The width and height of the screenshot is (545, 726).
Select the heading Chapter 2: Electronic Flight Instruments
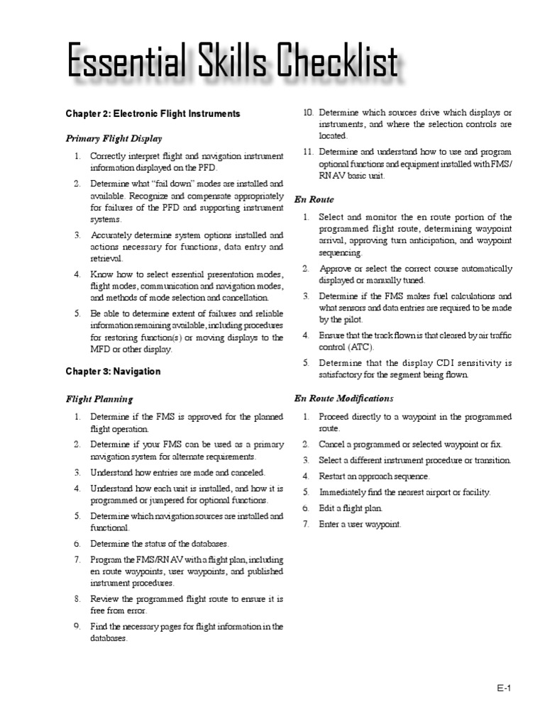point(153,113)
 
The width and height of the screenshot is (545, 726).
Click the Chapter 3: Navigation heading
point(114,372)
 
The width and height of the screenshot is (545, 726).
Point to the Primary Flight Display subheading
point(114,139)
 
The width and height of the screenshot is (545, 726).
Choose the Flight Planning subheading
point(99,399)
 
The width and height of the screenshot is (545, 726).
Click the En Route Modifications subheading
point(343,398)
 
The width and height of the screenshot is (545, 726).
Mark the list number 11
point(308,152)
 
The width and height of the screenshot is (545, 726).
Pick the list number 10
point(308,113)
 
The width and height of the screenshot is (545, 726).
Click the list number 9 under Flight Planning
point(77,627)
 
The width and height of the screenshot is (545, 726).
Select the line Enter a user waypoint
point(360,525)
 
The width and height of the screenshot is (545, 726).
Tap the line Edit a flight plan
point(351,508)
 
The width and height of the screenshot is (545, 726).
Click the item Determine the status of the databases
point(160,544)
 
